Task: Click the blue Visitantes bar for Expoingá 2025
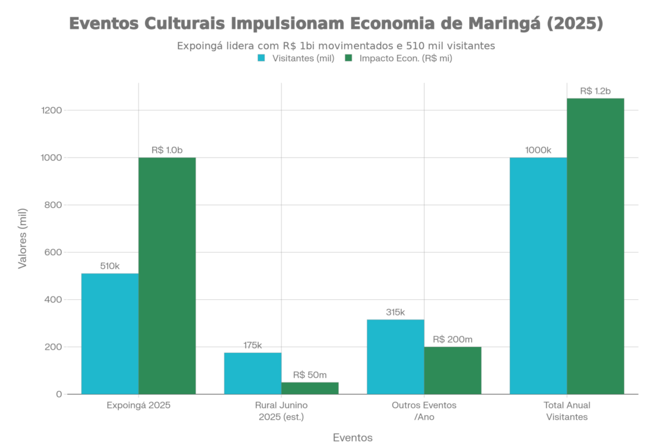pos(110,333)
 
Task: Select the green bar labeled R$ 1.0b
pos(167,275)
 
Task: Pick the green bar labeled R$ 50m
pos(310,387)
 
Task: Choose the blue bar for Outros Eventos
pos(395,356)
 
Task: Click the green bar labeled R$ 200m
pos(453,370)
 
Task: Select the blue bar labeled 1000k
pos(538,275)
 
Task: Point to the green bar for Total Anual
pos(595,246)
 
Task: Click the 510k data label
pos(110,266)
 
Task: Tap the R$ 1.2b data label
pos(595,91)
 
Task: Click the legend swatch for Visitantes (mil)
pos(261,58)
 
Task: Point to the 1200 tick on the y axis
pos(52,110)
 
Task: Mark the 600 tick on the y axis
pos(54,253)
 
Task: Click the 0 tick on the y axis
pos(59,394)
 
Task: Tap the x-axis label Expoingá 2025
pos(138,405)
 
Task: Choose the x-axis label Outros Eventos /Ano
pos(424,411)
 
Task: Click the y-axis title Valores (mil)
pos(23,240)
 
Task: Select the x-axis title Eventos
pos(352,437)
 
